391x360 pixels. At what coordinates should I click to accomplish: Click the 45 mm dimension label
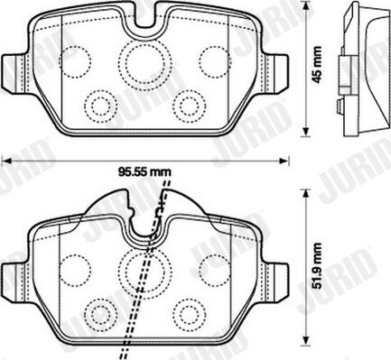(317, 64)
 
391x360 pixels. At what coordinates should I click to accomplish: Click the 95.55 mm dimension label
(144, 172)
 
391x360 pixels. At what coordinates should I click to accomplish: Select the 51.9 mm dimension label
(317, 266)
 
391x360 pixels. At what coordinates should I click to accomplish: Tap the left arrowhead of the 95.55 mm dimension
(6, 162)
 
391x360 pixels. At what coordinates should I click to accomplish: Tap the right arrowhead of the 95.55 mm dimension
(284, 162)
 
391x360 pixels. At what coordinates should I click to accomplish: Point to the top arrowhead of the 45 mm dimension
(306, 6)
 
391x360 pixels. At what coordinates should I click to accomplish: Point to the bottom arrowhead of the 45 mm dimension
(306, 132)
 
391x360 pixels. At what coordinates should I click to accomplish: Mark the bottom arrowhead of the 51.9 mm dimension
(306, 341)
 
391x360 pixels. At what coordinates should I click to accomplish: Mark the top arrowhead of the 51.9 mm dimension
(306, 194)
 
